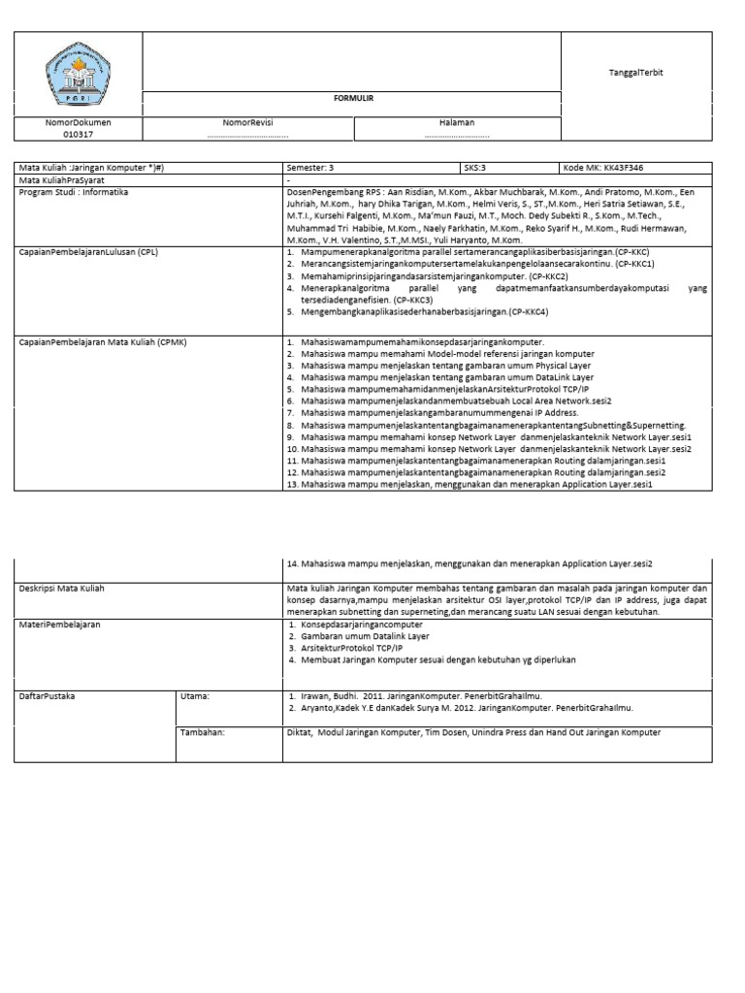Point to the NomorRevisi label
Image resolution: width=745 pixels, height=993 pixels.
[x=247, y=123]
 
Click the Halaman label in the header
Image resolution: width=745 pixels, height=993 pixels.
[x=456, y=123]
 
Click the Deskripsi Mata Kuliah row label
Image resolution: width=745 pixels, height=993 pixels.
[x=62, y=588]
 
